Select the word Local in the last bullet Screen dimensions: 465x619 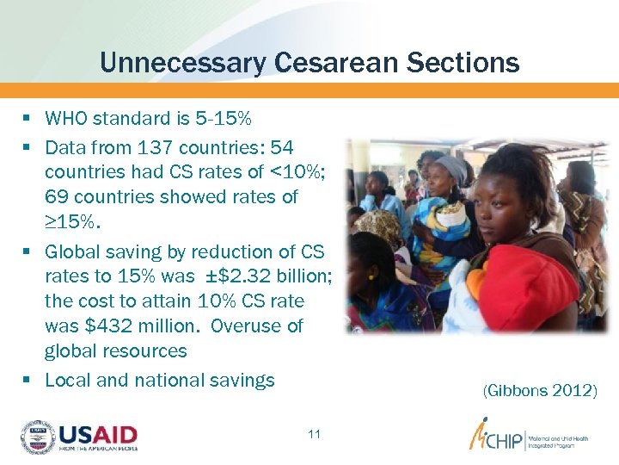pos(67,380)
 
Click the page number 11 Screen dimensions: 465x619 pos(314,434)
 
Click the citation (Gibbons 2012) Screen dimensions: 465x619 pos(539,391)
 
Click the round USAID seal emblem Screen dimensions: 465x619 pos(37,437)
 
